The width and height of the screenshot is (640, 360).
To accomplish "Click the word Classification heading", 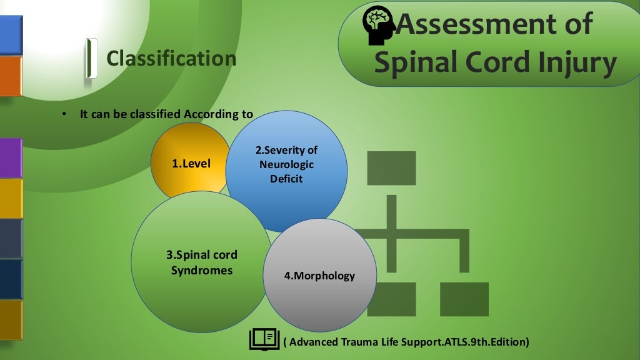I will point(171,59).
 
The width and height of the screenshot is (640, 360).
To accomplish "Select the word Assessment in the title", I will point(494,24).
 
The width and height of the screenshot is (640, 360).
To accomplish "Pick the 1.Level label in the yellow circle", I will point(191,164).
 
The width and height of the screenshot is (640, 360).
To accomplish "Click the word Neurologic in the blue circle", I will point(286,164).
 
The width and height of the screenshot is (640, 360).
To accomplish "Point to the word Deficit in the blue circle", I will point(286,179).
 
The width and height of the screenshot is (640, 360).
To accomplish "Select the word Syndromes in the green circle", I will point(202,271).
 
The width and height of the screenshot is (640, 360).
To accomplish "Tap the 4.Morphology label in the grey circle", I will point(319,276).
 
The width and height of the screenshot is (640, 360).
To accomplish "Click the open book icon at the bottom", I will point(264,339).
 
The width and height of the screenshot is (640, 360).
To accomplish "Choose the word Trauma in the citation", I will point(361,342).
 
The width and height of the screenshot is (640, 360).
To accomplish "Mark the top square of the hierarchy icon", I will point(391,168).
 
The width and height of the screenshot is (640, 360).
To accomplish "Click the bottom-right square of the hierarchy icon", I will point(464,299).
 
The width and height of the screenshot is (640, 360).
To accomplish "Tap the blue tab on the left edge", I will point(11,35).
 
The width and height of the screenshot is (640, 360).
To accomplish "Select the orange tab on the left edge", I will point(11,76).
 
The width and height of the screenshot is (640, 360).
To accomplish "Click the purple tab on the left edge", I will point(11,157).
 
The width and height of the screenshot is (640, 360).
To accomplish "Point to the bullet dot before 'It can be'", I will point(64,115).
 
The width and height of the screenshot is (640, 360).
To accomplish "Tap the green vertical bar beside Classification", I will point(92,58).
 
